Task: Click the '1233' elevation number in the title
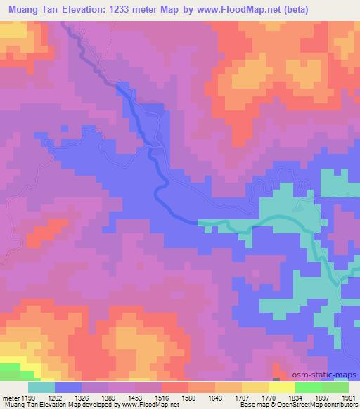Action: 123,9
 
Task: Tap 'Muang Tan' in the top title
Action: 33,9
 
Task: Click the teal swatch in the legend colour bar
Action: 41,387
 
